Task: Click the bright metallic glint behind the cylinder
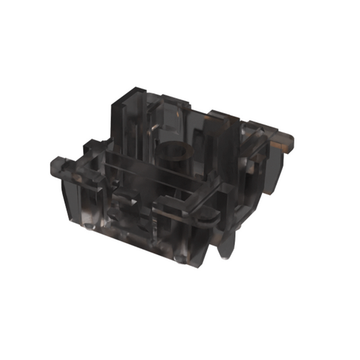coord(156,124)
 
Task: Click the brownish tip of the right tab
coord(288,141)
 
